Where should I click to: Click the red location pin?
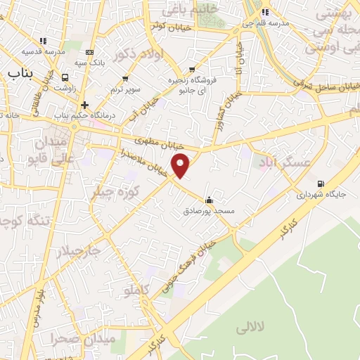(x=181, y=164)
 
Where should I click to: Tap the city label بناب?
(x=22, y=73)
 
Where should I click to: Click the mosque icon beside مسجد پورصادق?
(x=209, y=199)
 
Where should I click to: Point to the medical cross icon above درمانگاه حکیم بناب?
(x=84, y=105)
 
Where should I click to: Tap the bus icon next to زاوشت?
(x=65, y=78)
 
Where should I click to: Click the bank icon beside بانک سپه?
(x=89, y=52)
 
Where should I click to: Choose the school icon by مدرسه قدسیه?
(x=43, y=41)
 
